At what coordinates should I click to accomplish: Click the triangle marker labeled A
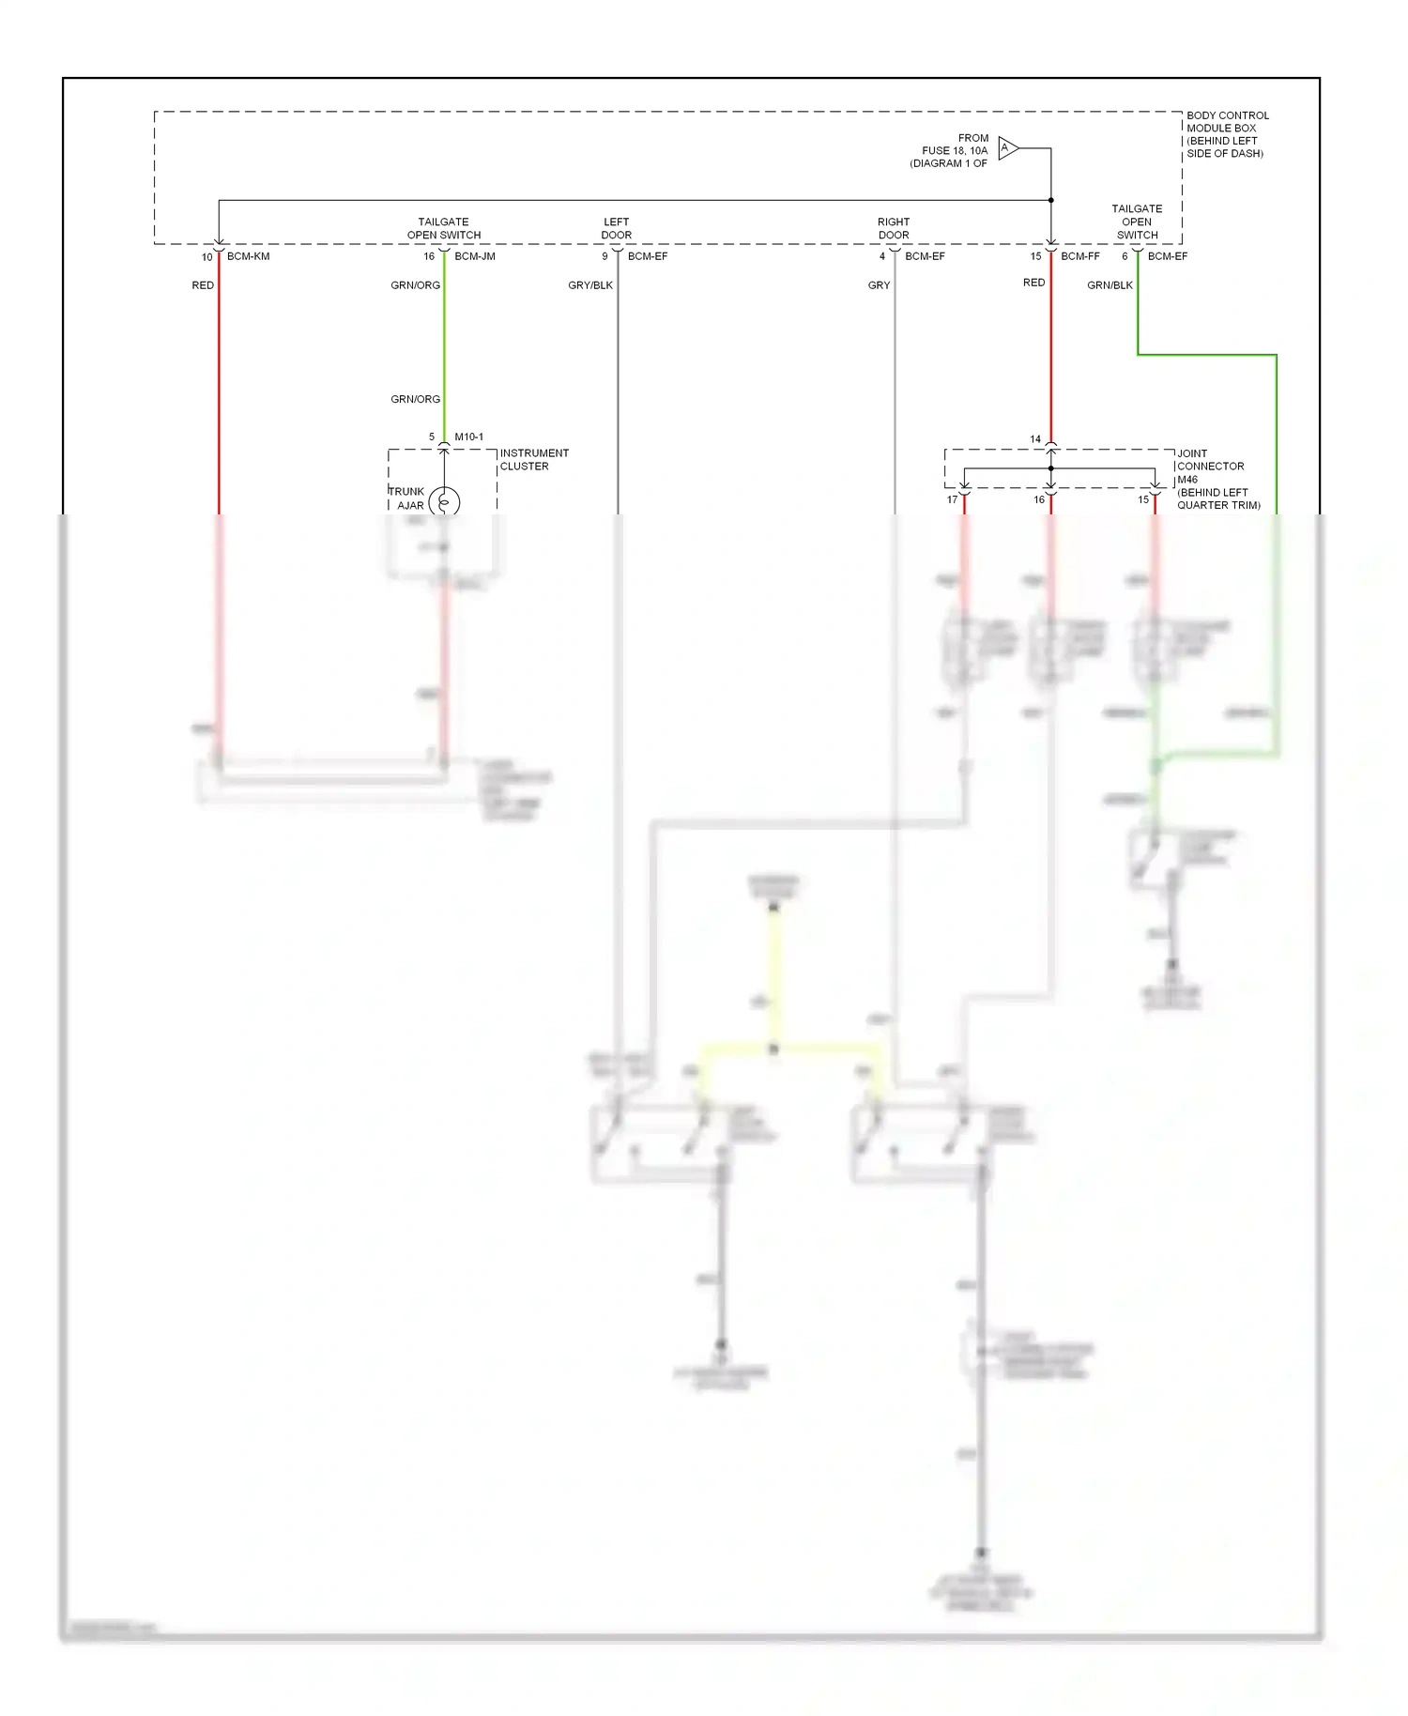pyautogui.click(x=1007, y=148)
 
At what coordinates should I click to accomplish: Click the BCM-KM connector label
pyautogui.click(x=248, y=256)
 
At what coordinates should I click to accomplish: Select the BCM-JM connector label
pyautogui.click(x=475, y=256)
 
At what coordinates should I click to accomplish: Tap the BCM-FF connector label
pyautogui.click(x=1080, y=256)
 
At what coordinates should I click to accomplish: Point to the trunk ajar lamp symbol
pyautogui.click(x=444, y=502)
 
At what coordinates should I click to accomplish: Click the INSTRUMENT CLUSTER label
pyautogui.click(x=534, y=460)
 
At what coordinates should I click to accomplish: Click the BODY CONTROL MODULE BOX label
pyautogui.click(x=1227, y=134)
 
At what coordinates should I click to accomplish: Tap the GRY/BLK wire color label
pyautogui.click(x=590, y=285)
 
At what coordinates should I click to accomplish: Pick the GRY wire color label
pyautogui.click(x=879, y=285)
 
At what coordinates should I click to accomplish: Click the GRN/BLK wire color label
pyautogui.click(x=1110, y=285)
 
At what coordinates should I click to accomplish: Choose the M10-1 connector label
pyautogui.click(x=469, y=437)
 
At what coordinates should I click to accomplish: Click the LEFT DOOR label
pyautogui.click(x=617, y=229)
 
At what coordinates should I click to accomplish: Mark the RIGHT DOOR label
pyautogui.click(x=894, y=229)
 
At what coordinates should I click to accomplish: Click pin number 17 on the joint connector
pyautogui.click(x=952, y=500)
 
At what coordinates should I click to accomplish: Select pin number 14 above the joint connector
pyautogui.click(x=1035, y=439)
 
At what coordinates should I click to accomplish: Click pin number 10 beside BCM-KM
pyautogui.click(x=207, y=257)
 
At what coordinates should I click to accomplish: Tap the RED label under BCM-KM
pyautogui.click(x=203, y=285)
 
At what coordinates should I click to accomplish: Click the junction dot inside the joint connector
pyautogui.click(x=1051, y=468)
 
